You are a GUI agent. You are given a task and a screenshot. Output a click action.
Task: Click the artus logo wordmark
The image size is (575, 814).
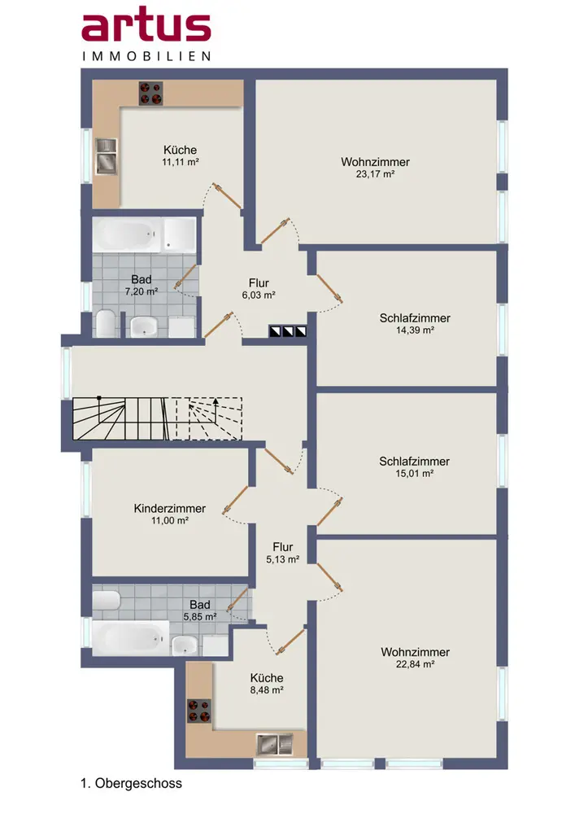146,28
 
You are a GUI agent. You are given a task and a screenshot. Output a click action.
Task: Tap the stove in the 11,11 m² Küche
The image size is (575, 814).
151,94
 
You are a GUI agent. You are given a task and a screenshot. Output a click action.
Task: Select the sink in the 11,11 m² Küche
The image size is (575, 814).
107,156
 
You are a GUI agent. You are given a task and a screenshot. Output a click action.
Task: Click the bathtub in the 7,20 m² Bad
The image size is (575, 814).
128,234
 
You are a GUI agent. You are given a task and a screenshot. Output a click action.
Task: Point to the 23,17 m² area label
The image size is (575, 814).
376,174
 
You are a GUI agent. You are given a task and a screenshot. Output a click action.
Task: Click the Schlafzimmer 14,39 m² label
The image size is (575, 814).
415,323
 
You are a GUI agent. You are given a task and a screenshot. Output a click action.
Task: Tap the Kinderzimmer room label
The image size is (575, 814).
169,508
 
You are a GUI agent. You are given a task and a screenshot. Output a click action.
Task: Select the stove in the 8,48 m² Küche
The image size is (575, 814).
199,711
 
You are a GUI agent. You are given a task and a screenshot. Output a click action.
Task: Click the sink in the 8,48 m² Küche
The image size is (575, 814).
275,744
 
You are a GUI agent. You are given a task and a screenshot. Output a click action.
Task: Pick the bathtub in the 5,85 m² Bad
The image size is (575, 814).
131,637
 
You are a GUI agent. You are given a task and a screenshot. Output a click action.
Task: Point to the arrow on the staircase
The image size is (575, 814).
216,405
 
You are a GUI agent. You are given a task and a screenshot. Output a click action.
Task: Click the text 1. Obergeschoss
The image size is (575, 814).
131,783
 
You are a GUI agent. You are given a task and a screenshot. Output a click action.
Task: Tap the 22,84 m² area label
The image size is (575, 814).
416,664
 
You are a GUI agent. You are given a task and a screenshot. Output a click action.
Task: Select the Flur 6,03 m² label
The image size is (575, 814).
259,289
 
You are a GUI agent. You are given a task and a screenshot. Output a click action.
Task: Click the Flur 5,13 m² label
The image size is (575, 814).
283,553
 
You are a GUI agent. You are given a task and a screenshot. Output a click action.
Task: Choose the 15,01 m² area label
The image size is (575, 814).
415,474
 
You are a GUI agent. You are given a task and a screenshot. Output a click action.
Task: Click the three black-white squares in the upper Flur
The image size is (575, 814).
288,331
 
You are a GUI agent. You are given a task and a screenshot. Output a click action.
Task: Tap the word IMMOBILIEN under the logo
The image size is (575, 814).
146,56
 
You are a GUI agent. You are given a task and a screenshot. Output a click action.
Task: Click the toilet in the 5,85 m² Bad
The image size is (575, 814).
107,600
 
